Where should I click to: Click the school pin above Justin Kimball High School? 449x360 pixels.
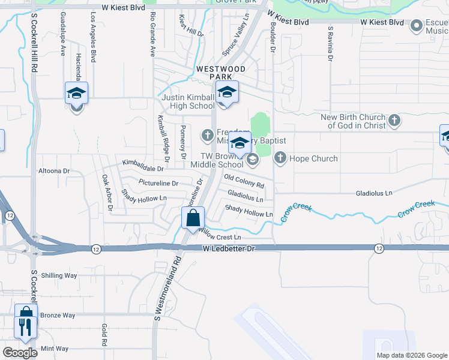[227, 92]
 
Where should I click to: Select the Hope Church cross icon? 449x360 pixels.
[280, 158]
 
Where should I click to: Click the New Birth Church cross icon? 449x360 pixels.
[394, 121]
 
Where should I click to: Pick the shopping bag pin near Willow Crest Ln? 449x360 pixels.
[193, 217]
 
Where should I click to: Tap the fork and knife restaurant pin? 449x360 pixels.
[25, 327]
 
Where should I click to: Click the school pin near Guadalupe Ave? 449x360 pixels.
[76, 94]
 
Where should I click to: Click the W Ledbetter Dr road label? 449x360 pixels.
[228, 248]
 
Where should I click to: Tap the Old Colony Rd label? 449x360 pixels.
[244, 181]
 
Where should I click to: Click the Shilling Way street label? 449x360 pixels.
[59, 275]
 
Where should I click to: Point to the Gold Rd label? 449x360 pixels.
[104, 334]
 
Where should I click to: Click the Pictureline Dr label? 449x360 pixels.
[158, 183]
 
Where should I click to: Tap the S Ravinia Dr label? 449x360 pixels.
[330, 44]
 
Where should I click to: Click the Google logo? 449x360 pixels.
[20, 353]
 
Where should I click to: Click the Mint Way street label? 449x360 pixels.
[55, 349]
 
